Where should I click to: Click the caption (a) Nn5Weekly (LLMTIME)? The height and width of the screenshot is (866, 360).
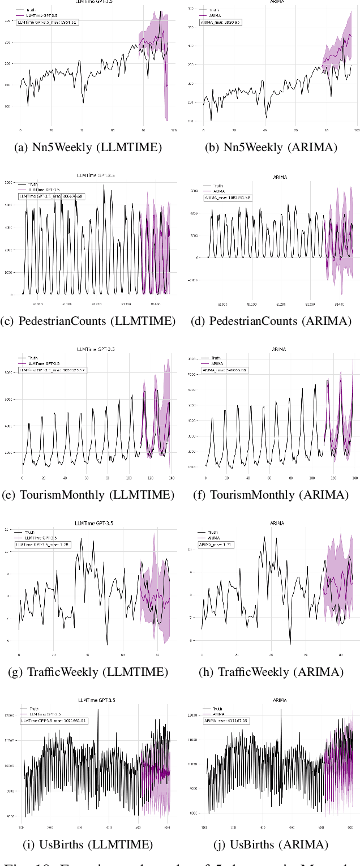coord(89,148)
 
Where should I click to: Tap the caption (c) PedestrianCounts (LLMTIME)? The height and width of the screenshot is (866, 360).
coord(89,321)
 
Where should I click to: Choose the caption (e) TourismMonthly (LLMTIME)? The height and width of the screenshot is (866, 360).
coord(89,495)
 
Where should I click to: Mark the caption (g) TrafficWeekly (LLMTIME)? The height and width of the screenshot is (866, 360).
coord(89,672)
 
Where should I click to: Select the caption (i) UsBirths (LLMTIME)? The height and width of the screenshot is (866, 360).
coord(89,845)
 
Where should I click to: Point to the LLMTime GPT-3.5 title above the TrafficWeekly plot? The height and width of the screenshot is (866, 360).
coord(94,524)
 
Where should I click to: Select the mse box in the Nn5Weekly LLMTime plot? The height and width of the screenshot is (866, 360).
coord(47,23)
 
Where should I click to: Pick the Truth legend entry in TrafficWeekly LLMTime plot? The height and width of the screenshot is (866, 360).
coord(33,533)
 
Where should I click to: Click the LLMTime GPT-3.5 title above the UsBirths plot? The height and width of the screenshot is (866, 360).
coord(94,700)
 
